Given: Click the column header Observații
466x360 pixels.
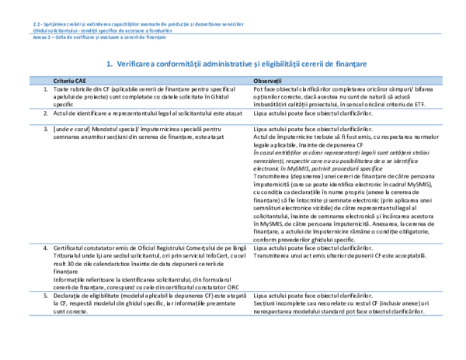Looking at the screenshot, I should tap(268, 81).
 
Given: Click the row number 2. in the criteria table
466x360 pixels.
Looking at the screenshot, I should tap(46, 112).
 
